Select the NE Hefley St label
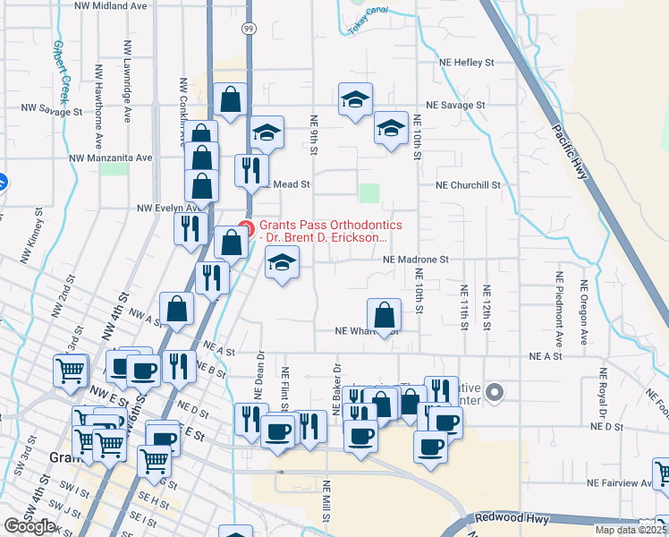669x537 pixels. [x=466, y=63]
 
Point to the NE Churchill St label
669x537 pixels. [x=468, y=185]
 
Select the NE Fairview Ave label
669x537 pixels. [x=622, y=482]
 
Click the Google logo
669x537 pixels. [x=30, y=526]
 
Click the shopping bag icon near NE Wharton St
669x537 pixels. [x=384, y=315]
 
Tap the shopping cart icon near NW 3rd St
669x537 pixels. [x=71, y=370]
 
